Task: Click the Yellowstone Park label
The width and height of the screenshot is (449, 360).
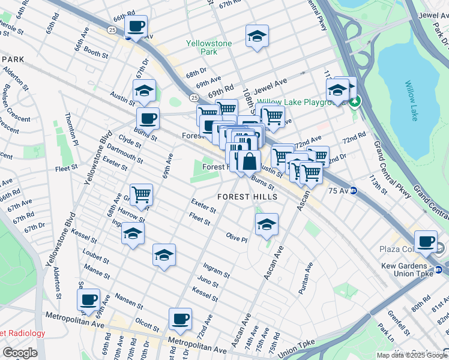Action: pos(200,48)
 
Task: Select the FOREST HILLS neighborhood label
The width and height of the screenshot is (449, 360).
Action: pos(247,197)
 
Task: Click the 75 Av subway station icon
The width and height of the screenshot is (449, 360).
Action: pos(354,191)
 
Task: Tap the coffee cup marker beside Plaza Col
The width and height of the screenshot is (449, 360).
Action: pos(426,241)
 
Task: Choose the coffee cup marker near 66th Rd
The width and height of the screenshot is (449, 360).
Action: pos(136,26)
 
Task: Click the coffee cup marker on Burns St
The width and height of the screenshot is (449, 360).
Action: pos(148,118)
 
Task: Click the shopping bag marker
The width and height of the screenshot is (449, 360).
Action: pos(249,161)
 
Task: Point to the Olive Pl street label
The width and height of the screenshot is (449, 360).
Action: pos(237,238)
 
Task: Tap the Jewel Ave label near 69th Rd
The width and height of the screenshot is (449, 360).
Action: pos(271,85)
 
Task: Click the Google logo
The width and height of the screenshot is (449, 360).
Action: pos(20,353)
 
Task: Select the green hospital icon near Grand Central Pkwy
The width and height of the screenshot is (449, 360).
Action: pos(355,101)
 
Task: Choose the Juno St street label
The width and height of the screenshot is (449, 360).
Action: pos(208,281)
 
